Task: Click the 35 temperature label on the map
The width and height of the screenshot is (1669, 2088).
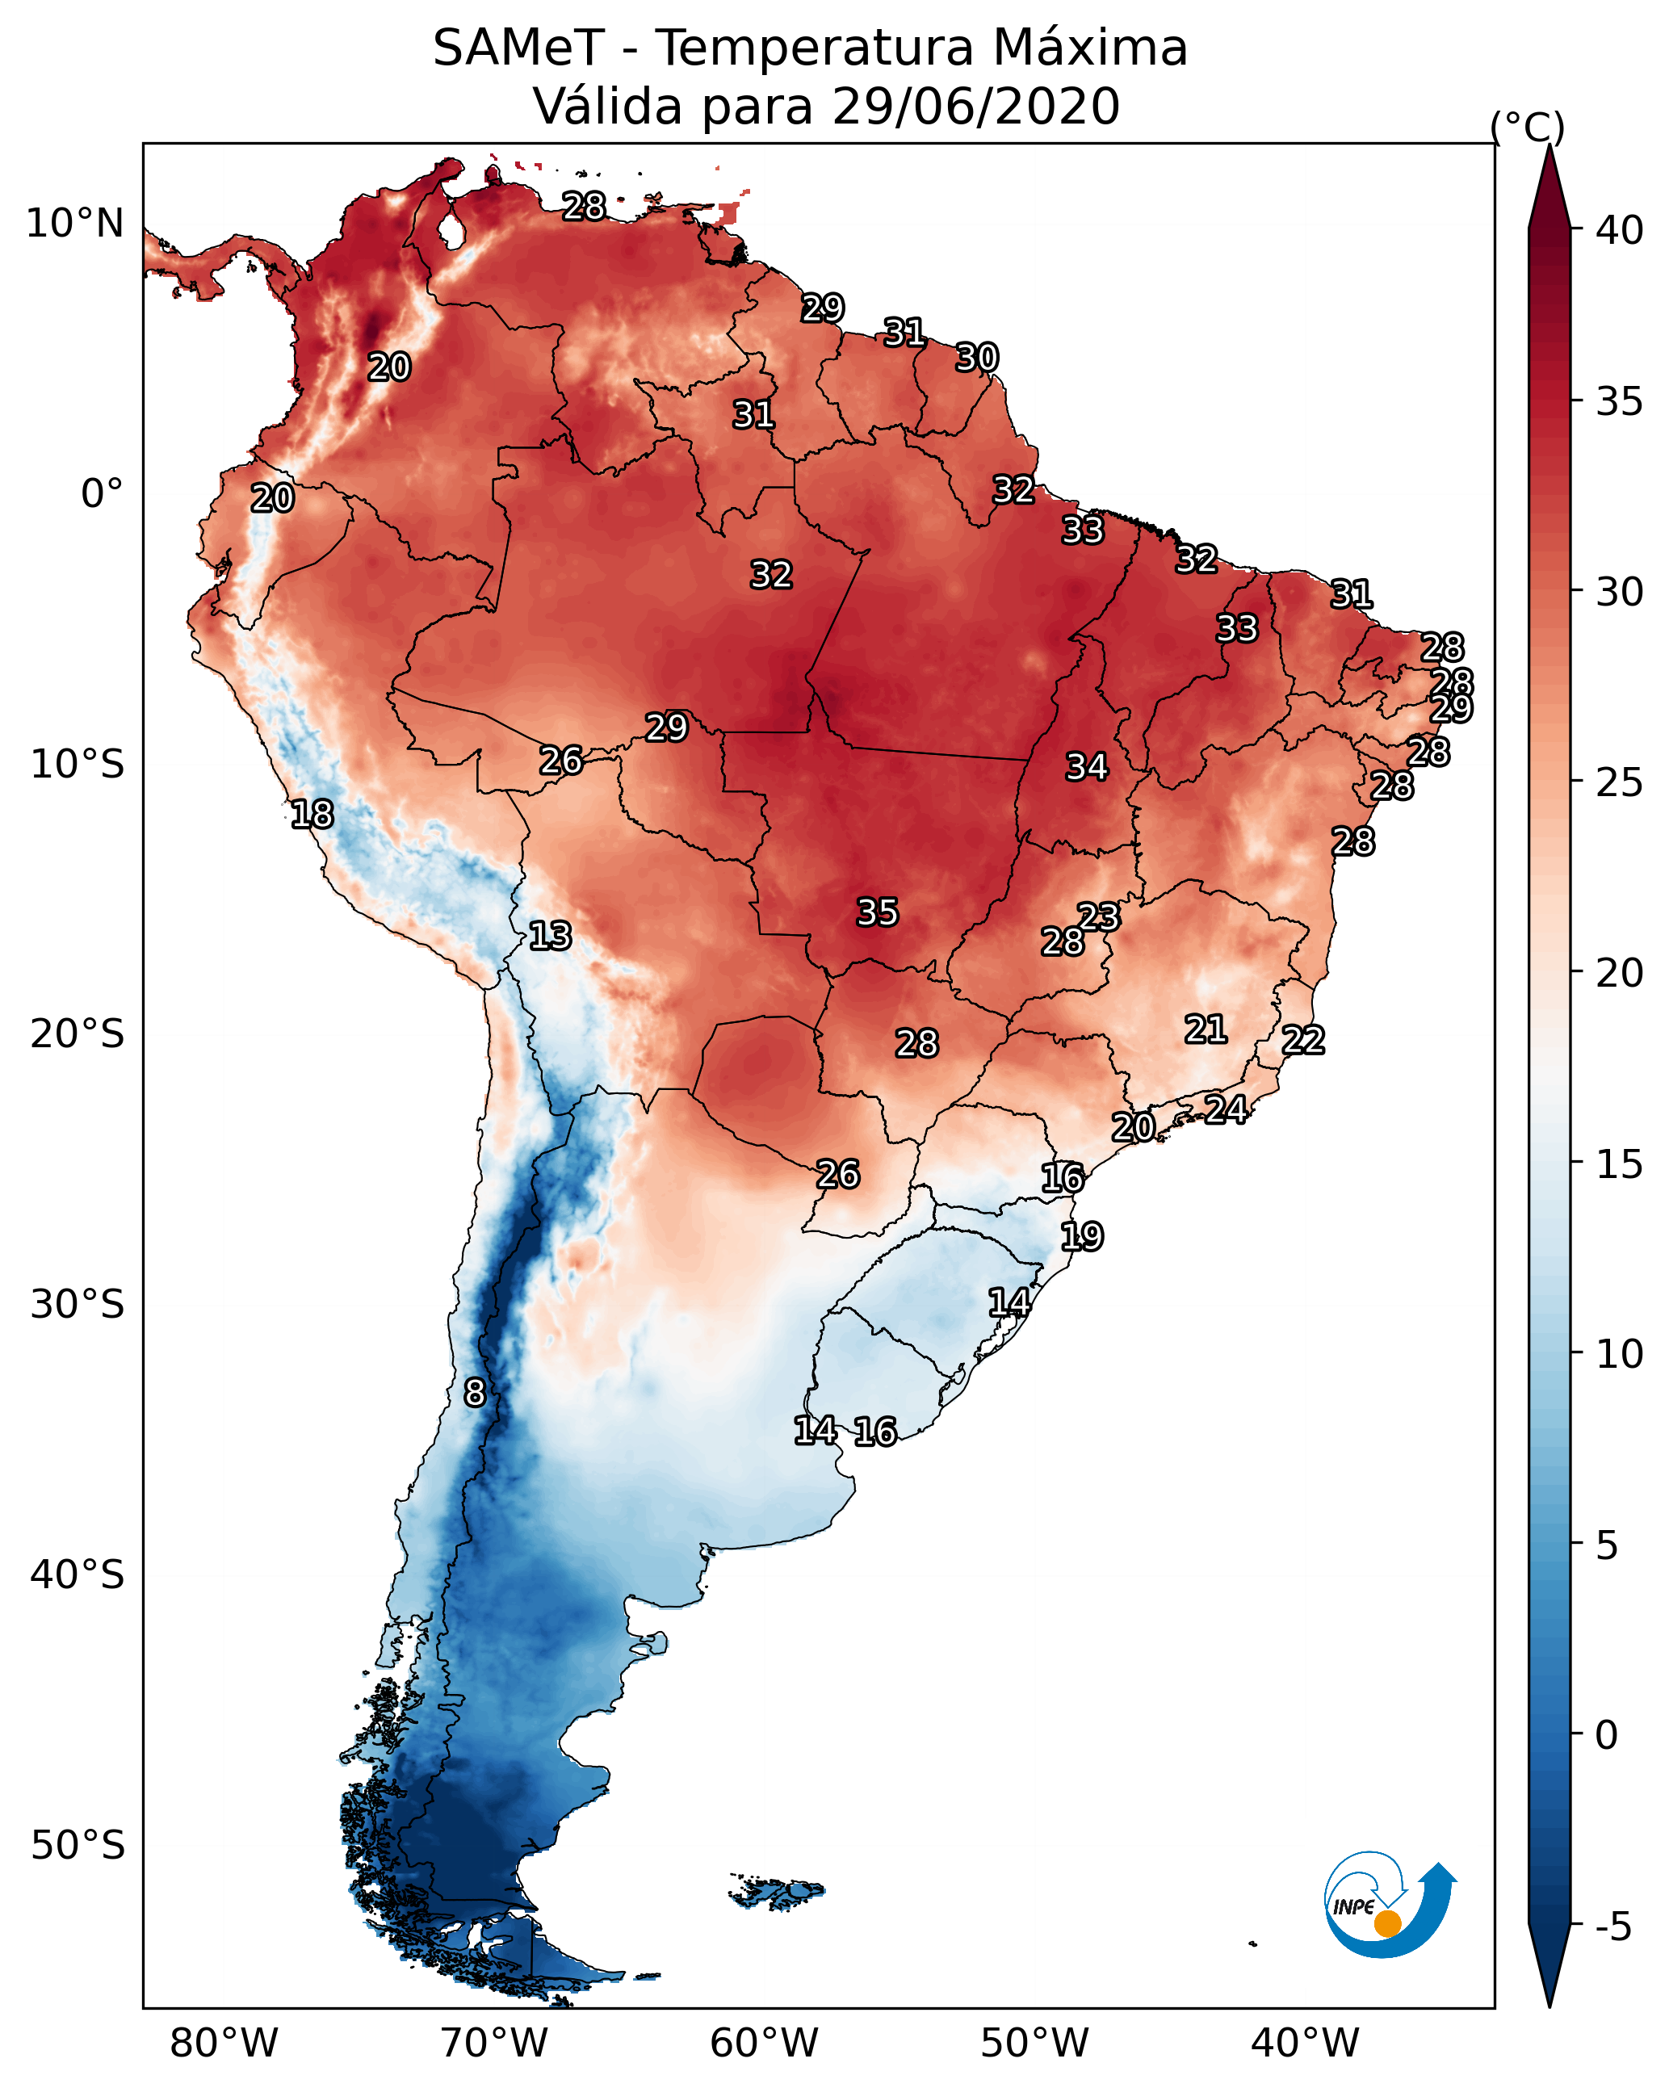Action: [878, 912]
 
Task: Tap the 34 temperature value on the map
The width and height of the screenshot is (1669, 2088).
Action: [1087, 767]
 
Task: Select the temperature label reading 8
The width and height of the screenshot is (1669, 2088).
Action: [475, 1393]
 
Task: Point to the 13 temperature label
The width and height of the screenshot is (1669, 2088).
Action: [550, 936]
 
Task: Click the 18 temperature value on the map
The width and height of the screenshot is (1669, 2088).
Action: [312, 815]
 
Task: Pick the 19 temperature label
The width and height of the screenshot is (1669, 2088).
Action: [1082, 1237]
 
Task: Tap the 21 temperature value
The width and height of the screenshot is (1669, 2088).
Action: [1206, 1029]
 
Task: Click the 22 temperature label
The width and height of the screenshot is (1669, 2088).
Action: [1303, 1040]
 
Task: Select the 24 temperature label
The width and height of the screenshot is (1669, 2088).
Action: [1227, 1109]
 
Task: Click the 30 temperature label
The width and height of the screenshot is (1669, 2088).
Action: [976, 358]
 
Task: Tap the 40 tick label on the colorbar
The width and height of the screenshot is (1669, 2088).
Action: [1620, 230]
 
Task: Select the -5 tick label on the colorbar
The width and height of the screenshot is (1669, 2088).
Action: [1614, 1927]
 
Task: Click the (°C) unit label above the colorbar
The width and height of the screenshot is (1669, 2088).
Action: [1528, 127]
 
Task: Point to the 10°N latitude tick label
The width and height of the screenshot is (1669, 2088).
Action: [74, 224]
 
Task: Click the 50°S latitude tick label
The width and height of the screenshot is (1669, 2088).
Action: [78, 1846]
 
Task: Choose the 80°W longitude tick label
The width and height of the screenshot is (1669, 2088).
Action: [224, 2044]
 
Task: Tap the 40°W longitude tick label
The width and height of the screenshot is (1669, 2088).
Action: [1305, 2044]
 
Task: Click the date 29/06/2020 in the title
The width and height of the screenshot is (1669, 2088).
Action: [975, 106]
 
